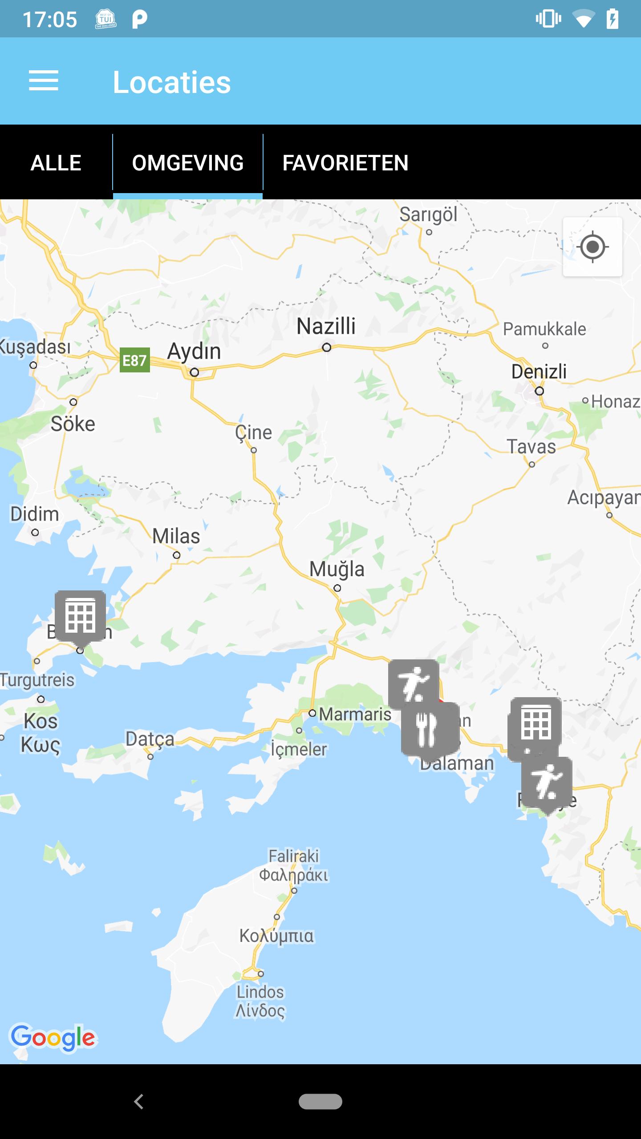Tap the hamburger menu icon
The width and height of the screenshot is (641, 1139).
(44, 81)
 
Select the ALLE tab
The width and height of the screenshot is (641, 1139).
(56, 163)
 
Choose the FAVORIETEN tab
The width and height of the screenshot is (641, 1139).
(345, 163)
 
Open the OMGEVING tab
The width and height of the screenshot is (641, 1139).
(188, 163)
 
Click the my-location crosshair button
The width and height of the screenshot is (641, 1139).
(592, 247)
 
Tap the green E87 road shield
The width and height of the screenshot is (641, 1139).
(134, 360)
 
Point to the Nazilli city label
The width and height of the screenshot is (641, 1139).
(326, 326)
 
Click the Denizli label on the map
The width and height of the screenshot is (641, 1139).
(539, 372)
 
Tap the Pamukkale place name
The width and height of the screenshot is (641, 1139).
(544, 329)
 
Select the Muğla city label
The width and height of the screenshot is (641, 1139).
(337, 569)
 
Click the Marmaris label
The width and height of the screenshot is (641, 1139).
(355, 714)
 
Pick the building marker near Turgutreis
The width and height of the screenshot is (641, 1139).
(80, 617)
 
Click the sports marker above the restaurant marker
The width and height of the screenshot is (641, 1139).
(413, 683)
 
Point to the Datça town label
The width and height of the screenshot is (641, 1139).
(150, 739)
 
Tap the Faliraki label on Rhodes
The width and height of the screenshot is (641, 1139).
(294, 856)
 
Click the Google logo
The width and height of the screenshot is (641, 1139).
(53, 1038)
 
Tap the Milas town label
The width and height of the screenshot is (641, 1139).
(176, 536)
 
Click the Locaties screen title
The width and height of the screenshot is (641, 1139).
(172, 82)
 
